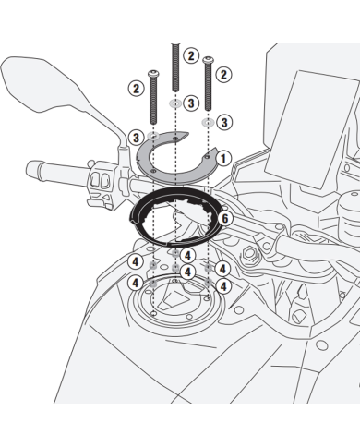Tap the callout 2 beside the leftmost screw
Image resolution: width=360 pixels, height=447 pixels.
[135, 89]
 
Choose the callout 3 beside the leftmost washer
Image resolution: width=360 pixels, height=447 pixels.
[137, 139]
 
